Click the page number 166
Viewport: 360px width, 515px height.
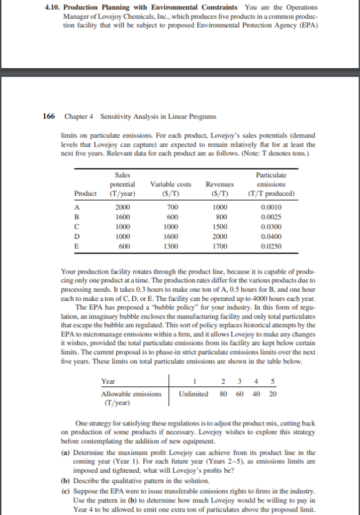coord(49,116)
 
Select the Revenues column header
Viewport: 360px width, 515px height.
coord(220,185)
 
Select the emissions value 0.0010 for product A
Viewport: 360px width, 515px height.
coord(272,208)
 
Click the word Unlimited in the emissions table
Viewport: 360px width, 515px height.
coord(194,393)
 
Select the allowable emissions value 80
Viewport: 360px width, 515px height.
coord(224,393)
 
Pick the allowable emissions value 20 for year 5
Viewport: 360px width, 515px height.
coord(273,393)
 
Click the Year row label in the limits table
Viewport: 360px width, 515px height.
coord(108,381)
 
